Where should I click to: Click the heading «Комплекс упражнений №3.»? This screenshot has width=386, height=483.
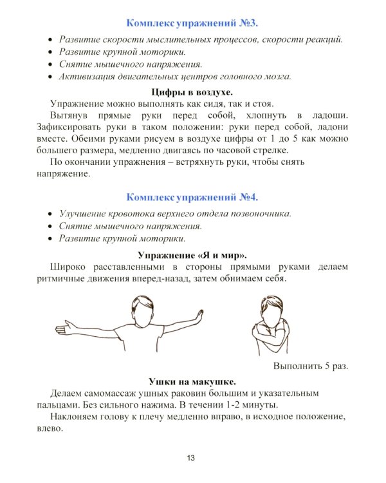click(x=192, y=23)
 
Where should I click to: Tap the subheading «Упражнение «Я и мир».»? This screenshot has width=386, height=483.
click(x=192, y=254)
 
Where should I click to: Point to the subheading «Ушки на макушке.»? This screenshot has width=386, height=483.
click(x=192, y=380)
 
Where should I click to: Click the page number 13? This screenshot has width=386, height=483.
click(x=191, y=458)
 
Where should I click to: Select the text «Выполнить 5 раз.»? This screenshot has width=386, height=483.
click(x=310, y=365)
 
